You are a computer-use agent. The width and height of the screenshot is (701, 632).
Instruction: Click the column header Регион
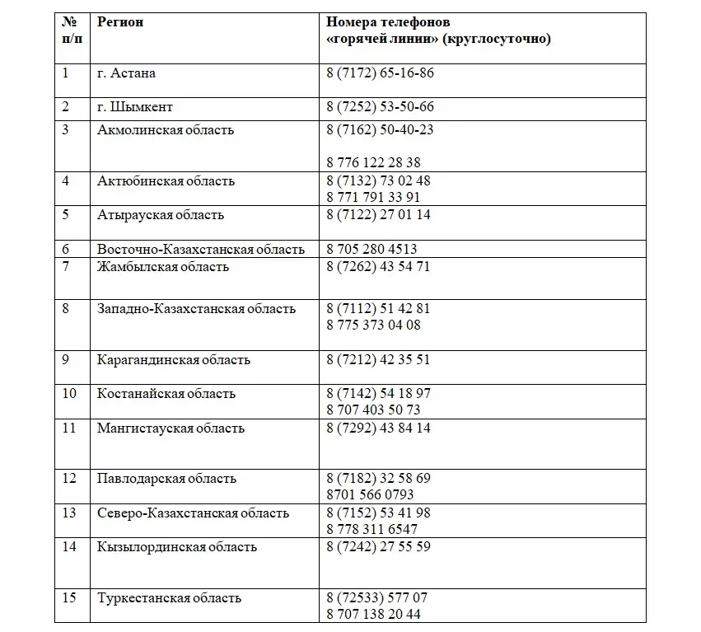click(x=120, y=22)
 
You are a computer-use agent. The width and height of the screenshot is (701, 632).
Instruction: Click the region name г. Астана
click(x=126, y=73)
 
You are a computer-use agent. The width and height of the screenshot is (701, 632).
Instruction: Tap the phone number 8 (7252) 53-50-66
click(x=380, y=107)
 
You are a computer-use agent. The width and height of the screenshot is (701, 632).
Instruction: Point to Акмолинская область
click(x=166, y=129)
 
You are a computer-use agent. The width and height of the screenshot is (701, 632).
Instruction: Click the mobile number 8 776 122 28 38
click(x=373, y=162)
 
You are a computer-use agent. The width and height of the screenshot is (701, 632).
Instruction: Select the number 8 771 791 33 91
click(x=373, y=197)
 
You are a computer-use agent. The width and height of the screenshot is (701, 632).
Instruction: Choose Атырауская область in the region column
click(x=161, y=215)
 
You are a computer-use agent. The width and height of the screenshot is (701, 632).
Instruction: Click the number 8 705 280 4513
click(x=372, y=249)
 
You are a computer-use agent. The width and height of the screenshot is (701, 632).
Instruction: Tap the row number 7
click(x=65, y=266)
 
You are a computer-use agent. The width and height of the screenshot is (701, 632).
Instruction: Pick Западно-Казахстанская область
click(x=196, y=309)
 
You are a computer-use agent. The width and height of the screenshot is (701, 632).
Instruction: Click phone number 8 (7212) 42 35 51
click(x=378, y=360)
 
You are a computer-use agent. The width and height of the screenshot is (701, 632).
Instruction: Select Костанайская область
click(x=166, y=394)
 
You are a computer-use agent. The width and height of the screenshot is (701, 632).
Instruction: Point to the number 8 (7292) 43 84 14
click(x=378, y=428)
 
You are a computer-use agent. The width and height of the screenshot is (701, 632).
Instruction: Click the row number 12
click(x=69, y=479)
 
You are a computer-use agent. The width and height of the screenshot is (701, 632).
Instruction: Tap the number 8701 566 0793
click(x=370, y=495)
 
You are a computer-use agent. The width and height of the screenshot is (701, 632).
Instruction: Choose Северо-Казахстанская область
click(x=193, y=513)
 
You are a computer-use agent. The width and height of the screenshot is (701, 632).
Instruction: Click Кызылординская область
click(x=177, y=547)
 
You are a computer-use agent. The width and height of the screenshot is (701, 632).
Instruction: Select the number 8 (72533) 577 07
click(x=376, y=598)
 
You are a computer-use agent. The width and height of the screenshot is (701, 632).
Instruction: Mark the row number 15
click(x=69, y=598)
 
